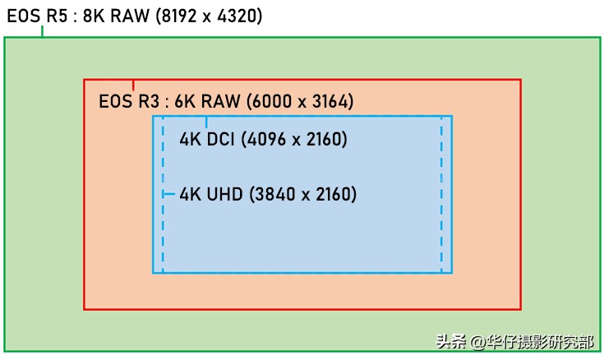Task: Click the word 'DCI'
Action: point(221,140)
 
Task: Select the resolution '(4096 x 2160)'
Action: point(294,140)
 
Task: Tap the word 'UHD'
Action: point(224,195)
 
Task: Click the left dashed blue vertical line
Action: point(163,238)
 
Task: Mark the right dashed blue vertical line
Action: point(441,238)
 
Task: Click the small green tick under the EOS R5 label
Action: point(42,32)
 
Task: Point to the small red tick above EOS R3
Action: point(133,85)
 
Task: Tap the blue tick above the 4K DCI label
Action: point(205,122)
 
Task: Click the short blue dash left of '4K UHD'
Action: point(169,195)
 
